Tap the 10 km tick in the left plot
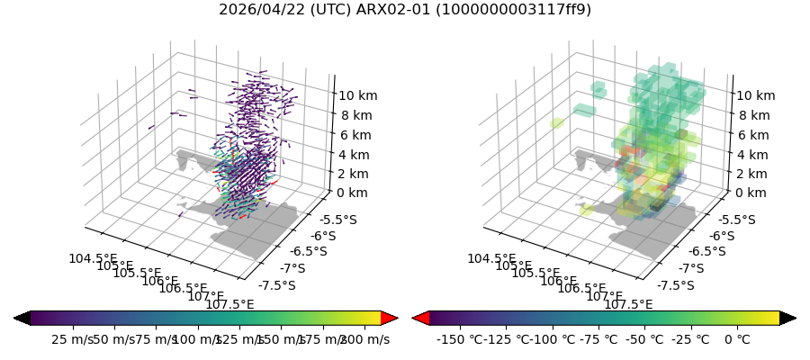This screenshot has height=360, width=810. [357, 95]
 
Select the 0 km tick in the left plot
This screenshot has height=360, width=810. [354, 193]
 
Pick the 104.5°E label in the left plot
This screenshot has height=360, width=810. [93, 259]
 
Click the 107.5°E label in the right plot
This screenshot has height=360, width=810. [627, 304]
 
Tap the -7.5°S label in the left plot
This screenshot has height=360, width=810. [277, 285]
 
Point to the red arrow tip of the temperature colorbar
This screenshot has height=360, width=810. [420, 318]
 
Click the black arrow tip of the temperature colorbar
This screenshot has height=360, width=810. [787, 318]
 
